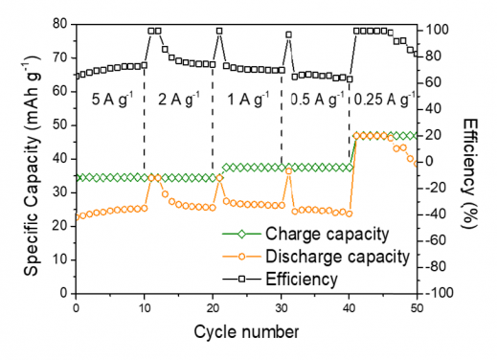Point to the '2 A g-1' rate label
coord(178,99)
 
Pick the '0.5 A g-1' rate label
coord(316,99)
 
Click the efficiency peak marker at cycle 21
coord(219,31)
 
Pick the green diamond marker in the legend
coord(241,233)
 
